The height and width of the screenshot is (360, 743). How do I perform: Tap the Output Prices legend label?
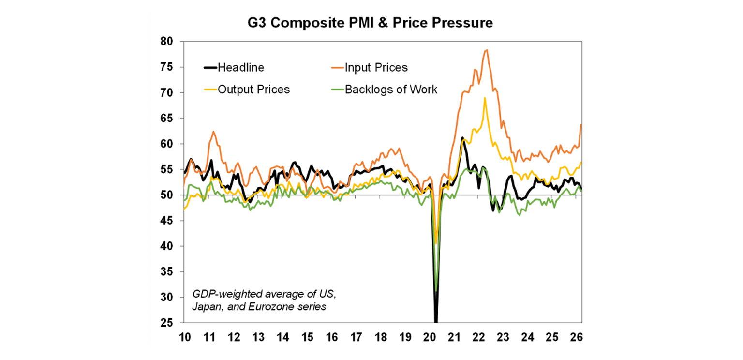coord(253,90)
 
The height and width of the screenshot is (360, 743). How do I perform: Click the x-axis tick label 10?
coord(184,336)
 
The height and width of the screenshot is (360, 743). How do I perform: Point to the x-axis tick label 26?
coord(577,336)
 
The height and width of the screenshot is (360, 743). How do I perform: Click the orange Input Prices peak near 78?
coord(486,50)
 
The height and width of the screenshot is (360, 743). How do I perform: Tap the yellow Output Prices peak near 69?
coord(485,98)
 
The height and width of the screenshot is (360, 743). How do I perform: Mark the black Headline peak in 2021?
coord(462,138)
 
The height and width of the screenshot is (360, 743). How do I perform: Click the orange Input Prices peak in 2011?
coord(213,131)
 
